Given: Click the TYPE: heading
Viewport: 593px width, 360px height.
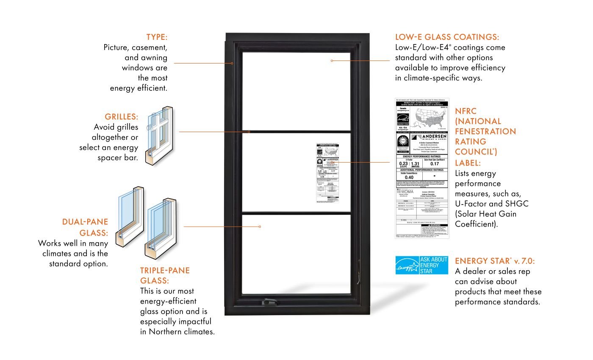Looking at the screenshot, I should (157, 37).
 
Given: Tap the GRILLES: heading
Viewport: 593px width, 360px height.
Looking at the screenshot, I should (122, 116).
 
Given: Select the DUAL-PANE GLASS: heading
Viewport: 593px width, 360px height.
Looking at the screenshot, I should (85, 227).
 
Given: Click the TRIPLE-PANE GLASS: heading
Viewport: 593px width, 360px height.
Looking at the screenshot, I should (165, 275).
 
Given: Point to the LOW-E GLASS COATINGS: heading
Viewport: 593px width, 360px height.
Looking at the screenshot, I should (447, 37).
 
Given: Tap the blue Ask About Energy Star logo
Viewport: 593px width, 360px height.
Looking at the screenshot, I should (421, 265).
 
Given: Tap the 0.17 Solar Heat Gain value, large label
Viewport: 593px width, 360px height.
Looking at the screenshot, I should (435, 163).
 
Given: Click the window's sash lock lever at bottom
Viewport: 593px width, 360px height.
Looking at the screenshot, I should (269, 302).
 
